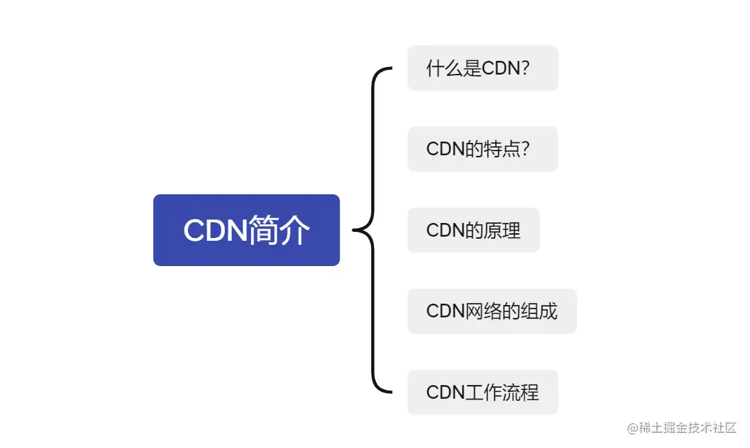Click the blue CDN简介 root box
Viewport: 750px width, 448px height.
246,230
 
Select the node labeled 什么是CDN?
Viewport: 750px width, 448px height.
483,68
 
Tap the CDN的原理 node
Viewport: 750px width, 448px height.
473,230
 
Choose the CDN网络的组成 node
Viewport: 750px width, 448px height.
492,311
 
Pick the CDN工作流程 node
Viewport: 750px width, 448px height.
483,392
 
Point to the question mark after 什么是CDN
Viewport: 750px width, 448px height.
525,68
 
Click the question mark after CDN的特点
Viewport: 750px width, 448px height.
525,149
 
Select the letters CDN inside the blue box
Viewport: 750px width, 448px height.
215,230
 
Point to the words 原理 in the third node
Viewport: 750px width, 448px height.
502,230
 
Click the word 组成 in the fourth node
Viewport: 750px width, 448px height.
539,311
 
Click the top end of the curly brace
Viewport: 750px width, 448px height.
390,68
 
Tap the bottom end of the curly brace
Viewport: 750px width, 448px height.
390,392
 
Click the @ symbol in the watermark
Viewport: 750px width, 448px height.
632,428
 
